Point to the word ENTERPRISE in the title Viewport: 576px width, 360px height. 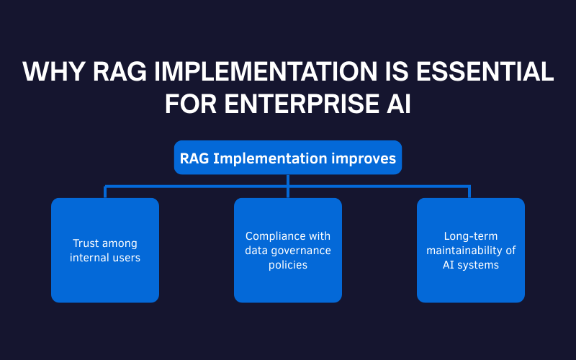[297, 103]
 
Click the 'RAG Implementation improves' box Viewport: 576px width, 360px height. [288, 158]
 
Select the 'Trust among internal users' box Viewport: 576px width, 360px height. [105, 250]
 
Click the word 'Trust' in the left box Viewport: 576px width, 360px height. [86, 243]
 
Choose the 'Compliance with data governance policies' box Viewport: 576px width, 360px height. [288, 250]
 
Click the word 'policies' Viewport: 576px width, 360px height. [288, 265]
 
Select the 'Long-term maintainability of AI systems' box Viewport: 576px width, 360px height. [471, 250]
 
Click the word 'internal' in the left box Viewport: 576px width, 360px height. [90, 257]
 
